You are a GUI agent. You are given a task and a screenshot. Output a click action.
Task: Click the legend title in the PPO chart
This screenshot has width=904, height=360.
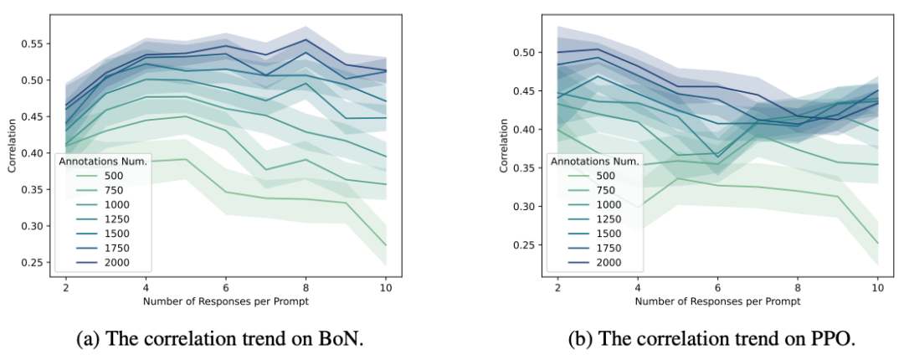click(x=595, y=162)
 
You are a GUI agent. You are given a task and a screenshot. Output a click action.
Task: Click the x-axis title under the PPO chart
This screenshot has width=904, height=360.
click(x=717, y=301)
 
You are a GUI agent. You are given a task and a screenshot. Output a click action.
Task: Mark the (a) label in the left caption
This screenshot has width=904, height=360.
click(x=88, y=340)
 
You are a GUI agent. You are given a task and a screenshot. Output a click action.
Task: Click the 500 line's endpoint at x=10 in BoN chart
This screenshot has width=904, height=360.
click(x=386, y=246)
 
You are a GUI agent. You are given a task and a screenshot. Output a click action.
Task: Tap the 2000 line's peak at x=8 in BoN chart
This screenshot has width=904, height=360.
click(x=306, y=39)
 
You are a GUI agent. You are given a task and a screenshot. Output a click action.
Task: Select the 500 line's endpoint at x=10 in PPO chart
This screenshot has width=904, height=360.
click(x=877, y=244)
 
